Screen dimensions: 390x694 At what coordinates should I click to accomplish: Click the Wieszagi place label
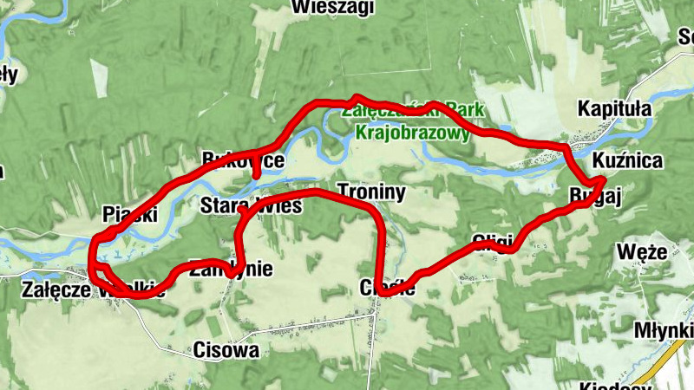click(x=333, y=8)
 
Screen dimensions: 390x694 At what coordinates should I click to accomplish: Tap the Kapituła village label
click(x=613, y=109)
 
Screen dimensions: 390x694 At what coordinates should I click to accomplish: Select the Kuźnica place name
click(x=628, y=161)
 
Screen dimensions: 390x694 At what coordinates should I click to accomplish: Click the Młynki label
click(x=663, y=330)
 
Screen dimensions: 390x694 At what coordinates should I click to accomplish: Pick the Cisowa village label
click(x=226, y=351)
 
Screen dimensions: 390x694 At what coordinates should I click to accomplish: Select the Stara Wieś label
click(x=250, y=206)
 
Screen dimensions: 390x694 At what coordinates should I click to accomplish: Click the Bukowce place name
click(x=242, y=160)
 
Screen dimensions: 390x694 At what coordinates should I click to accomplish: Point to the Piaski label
click(x=129, y=214)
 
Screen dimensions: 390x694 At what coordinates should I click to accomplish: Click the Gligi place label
click(x=493, y=240)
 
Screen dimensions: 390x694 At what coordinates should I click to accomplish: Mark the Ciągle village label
click(x=386, y=289)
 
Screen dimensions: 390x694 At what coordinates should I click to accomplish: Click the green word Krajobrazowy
click(x=412, y=134)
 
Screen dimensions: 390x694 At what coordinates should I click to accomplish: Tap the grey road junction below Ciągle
click(x=374, y=315)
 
